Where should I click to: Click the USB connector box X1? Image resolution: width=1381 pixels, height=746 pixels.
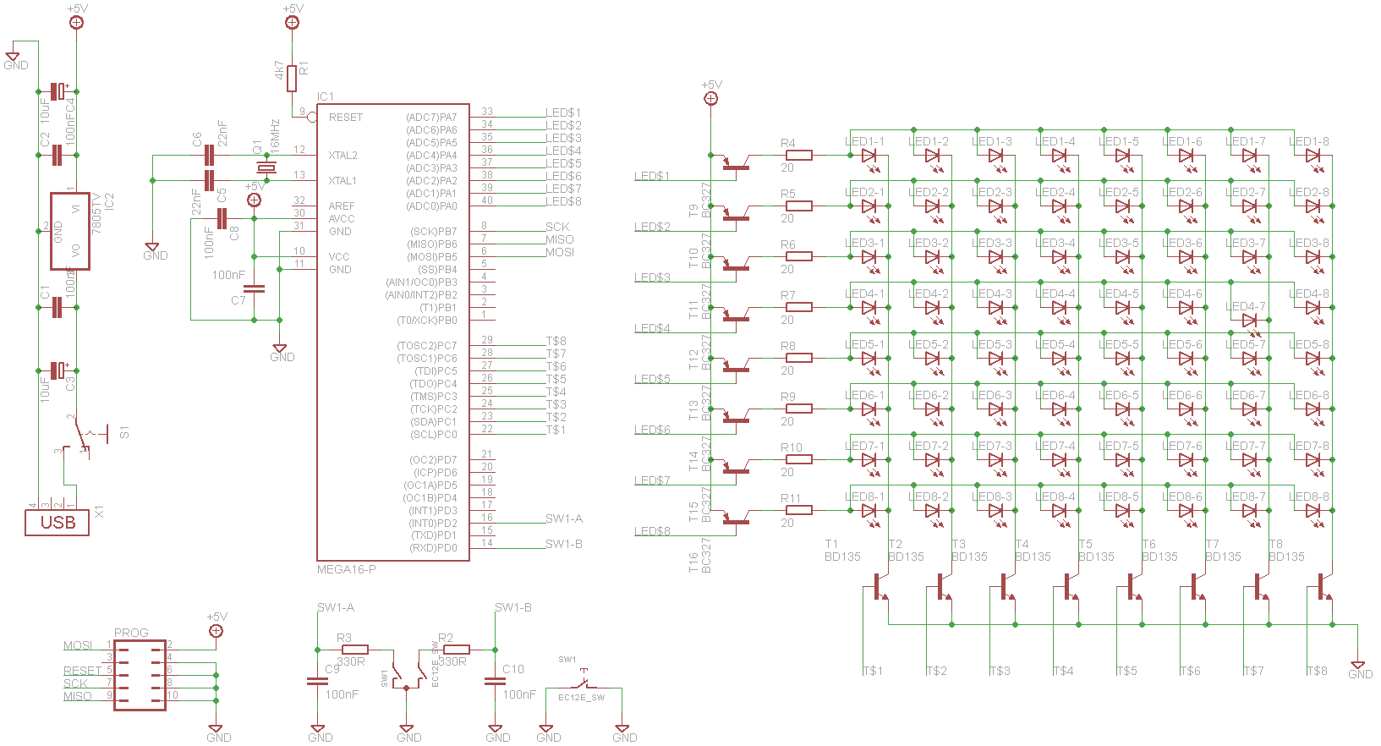click(58, 522)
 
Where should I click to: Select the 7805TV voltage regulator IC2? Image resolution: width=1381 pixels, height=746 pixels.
click(69, 231)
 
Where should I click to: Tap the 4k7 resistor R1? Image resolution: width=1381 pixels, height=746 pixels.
click(292, 79)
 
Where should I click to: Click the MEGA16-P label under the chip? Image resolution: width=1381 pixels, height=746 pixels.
click(346, 569)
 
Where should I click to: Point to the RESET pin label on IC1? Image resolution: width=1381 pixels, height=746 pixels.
click(345, 118)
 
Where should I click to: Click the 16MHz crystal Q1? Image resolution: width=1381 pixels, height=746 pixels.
click(266, 168)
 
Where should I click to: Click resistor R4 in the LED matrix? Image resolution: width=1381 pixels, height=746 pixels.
click(798, 155)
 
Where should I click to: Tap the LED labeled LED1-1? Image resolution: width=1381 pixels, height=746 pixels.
click(869, 156)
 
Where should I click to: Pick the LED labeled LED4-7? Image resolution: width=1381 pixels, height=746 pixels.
click(1250, 321)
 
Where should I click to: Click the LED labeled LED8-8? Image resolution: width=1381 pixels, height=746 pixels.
click(1313, 511)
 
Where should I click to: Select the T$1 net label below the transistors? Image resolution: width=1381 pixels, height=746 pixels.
click(873, 671)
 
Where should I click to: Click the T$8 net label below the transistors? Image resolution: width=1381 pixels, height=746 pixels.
click(1317, 671)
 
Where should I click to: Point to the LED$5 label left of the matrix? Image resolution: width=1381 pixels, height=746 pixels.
click(652, 379)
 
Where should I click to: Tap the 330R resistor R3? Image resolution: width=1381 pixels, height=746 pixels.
click(354, 650)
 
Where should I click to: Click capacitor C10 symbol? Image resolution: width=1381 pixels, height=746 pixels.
click(495, 680)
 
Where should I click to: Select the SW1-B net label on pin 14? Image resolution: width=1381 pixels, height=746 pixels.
click(563, 544)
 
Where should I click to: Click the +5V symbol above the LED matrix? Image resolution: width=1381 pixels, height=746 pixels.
click(711, 98)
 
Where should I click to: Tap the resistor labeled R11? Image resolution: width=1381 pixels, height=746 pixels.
click(798, 510)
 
